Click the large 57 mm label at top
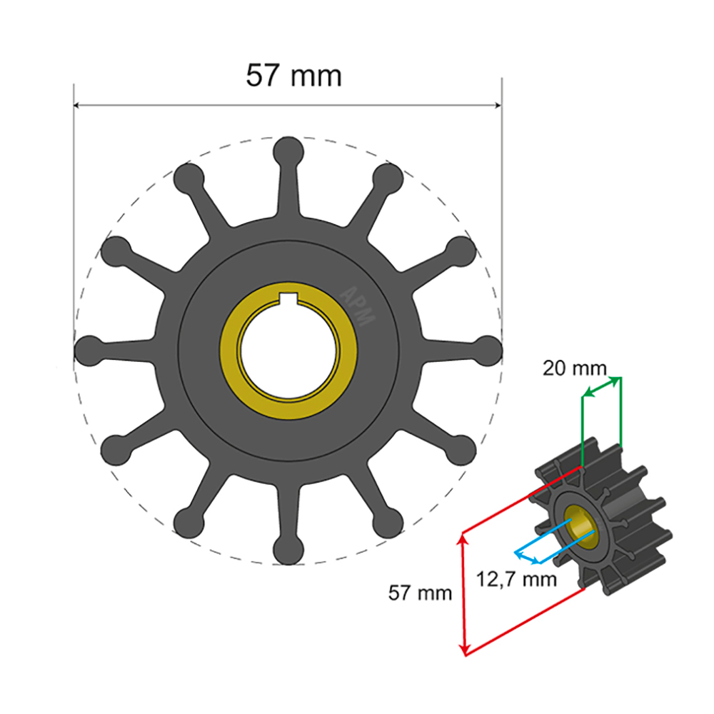coord(293,75)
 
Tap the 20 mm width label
coord(574,368)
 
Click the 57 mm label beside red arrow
coord(420,592)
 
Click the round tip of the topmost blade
coord(288,151)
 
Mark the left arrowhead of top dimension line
coord(78,106)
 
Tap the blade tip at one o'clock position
coord(388,176)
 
